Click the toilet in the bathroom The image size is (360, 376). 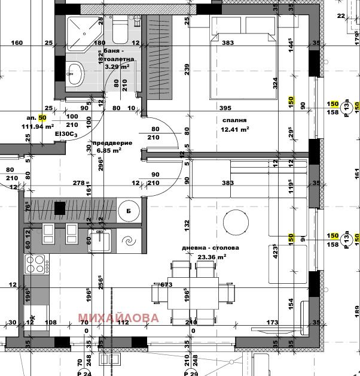(x=120, y=30)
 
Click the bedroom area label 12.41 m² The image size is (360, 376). (x=235, y=129)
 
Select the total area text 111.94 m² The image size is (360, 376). (x=38, y=126)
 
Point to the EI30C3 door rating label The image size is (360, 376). (x=66, y=135)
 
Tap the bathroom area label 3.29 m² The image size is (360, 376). (x=117, y=66)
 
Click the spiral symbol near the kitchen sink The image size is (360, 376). (x=128, y=242)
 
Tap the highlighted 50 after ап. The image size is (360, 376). (x=42, y=118)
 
